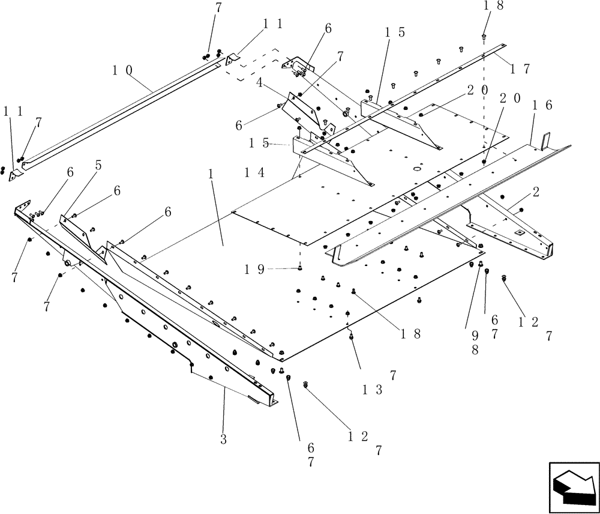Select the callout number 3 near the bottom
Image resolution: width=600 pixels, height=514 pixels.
223,439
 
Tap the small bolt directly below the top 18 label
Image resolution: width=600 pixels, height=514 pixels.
484,37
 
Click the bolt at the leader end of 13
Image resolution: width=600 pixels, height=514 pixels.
352,336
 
